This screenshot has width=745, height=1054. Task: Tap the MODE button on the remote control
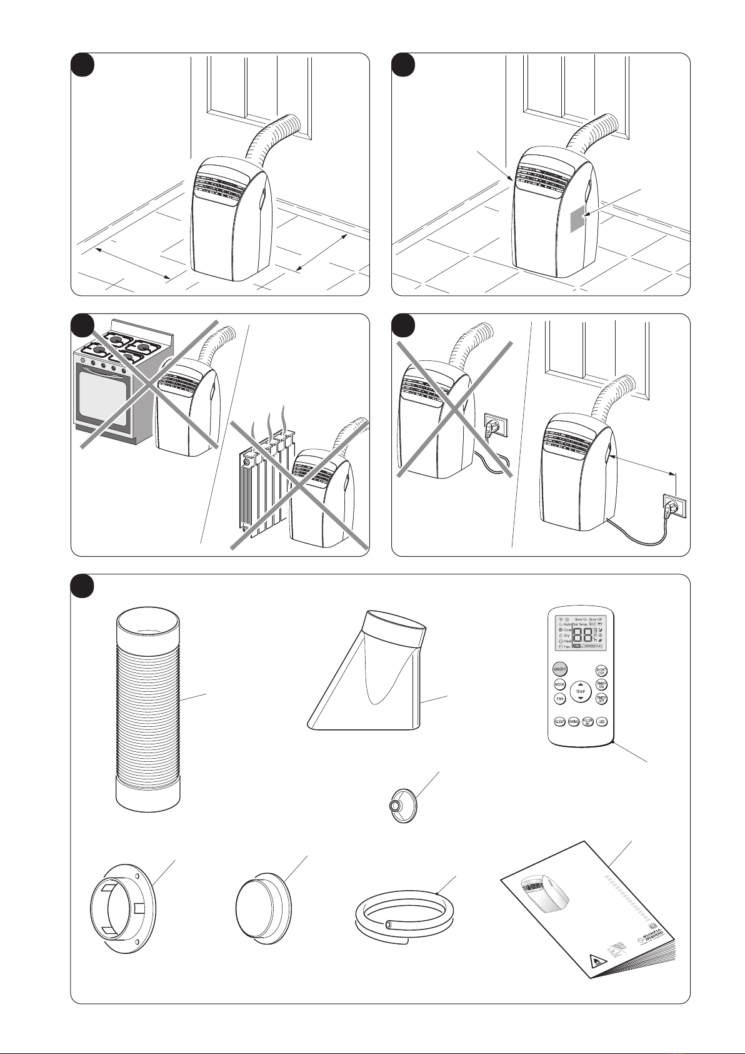point(560,685)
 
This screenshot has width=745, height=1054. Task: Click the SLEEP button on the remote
point(560,721)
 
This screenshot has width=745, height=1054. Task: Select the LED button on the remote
point(601,721)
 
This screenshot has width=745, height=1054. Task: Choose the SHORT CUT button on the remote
point(601,671)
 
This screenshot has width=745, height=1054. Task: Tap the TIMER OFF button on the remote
point(601,699)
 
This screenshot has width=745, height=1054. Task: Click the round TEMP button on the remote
point(581,692)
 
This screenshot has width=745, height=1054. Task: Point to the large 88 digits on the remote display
point(582,637)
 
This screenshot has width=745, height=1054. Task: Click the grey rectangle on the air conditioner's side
point(578,220)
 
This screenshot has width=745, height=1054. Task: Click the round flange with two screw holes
point(122,906)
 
